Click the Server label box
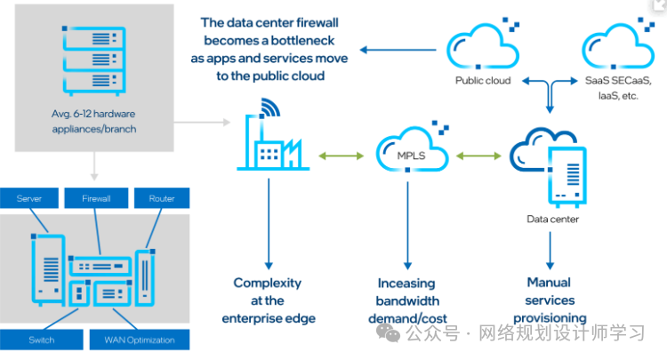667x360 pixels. point(29,198)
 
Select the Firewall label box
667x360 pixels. point(95,198)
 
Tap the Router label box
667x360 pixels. point(162,198)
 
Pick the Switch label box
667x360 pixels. point(41,340)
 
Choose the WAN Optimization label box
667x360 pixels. point(139,340)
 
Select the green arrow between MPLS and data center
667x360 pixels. point(478,156)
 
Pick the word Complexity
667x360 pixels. point(268,283)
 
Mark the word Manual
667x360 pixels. point(550,283)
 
